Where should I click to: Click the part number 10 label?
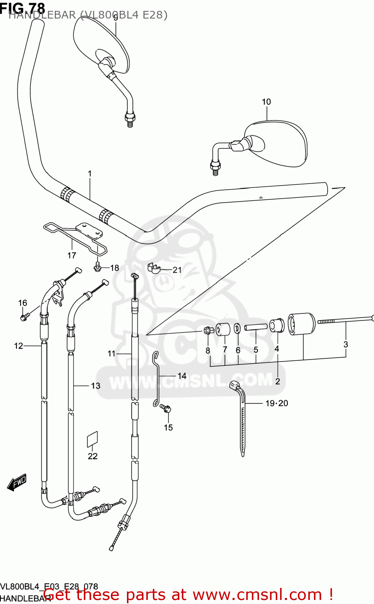266,102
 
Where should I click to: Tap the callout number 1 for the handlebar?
90,174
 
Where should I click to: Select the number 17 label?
72,255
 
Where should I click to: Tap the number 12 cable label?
19,345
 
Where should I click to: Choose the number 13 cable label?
96,386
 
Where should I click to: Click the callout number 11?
112,354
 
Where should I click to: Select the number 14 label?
182,376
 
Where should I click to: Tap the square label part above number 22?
93,439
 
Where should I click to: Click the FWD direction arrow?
17,482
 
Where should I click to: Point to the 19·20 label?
276,403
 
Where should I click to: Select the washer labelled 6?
238,329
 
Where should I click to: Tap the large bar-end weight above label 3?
301,323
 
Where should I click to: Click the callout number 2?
278,381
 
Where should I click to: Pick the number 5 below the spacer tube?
256,350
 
